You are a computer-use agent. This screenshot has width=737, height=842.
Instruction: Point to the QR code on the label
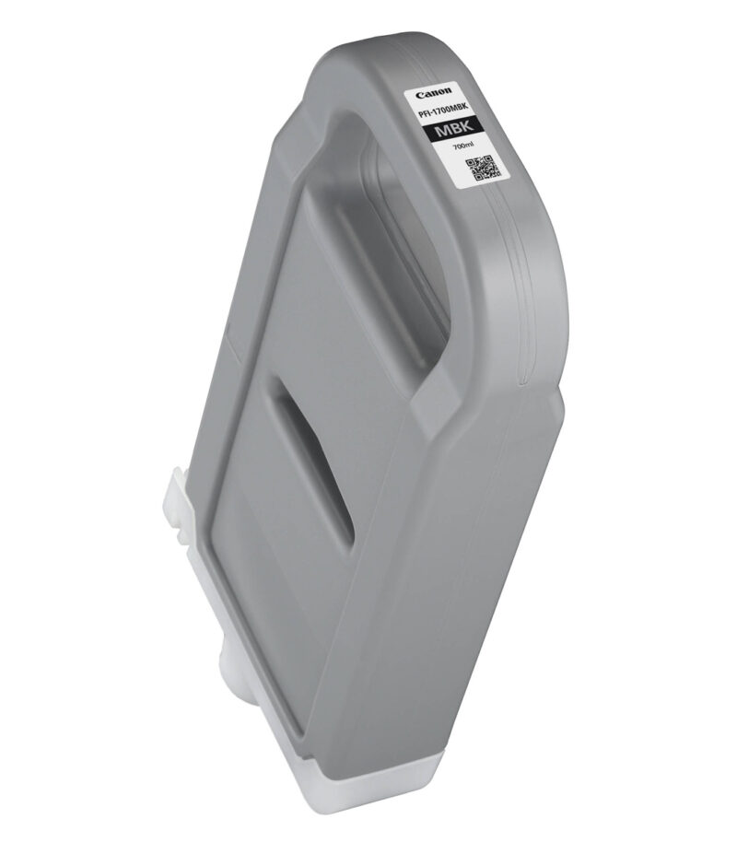point(483,168)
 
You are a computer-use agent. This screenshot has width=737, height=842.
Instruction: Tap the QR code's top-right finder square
point(487,160)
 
